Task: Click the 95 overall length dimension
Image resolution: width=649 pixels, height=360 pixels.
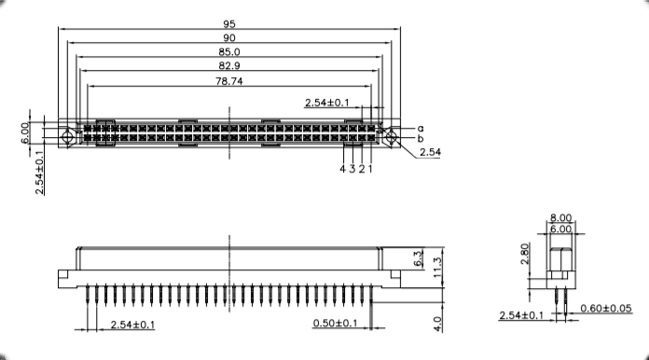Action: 228,24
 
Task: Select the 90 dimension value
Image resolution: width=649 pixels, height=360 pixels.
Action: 228,38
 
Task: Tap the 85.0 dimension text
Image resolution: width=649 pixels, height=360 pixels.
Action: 228,52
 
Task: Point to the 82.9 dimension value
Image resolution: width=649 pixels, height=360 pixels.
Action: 228,66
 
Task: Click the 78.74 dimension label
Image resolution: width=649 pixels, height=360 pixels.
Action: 228,81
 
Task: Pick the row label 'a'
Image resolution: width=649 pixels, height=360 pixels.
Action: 421,129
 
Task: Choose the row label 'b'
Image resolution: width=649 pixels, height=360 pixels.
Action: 421,138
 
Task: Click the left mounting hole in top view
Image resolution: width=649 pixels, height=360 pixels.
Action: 66,136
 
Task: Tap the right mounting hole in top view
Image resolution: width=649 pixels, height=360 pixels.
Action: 391,136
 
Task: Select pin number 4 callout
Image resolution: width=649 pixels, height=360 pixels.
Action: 342,169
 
